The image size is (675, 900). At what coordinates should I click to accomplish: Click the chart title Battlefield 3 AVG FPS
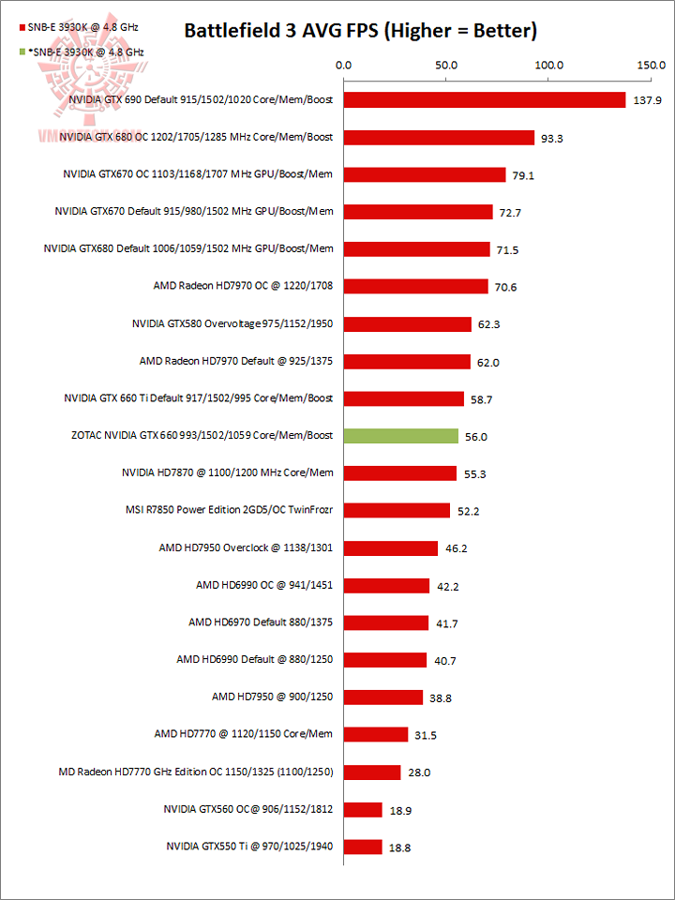click(x=360, y=31)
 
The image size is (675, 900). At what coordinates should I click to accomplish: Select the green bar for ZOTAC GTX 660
click(x=401, y=436)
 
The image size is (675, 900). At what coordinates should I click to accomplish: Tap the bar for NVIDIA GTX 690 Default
click(x=485, y=99)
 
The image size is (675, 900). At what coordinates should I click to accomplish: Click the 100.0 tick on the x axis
click(x=547, y=66)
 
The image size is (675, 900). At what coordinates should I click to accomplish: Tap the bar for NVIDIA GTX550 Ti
click(x=363, y=847)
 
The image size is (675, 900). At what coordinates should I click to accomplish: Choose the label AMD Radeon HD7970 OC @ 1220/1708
click(x=243, y=286)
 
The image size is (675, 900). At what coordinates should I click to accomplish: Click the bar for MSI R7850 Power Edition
click(x=397, y=511)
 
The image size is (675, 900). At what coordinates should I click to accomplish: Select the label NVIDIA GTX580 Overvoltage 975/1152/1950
click(x=233, y=323)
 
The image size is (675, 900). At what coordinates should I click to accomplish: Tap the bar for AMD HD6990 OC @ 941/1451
click(x=386, y=586)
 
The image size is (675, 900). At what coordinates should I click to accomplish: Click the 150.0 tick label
click(x=650, y=66)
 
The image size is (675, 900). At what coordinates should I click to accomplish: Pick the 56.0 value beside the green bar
click(x=478, y=437)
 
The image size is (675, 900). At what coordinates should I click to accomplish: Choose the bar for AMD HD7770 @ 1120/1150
click(x=376, y=735)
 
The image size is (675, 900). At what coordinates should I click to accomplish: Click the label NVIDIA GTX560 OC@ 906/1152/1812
click(x=248, y=809)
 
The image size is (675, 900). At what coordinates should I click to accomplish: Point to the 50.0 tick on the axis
click(x=445, y=66)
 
